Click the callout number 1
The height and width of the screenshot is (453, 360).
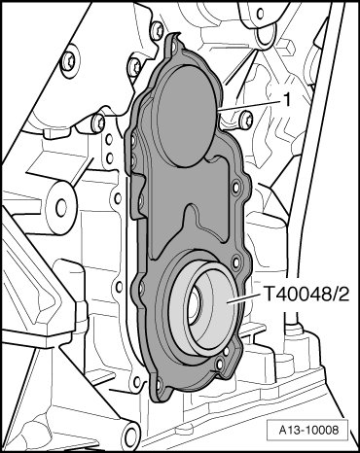287,101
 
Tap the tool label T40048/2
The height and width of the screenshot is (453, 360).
307,295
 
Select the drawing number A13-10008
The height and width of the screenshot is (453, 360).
308,431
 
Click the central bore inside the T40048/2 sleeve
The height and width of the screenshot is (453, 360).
194,305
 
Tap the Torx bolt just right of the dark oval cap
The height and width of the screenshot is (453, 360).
245,120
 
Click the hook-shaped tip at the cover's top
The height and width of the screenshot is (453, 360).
175,35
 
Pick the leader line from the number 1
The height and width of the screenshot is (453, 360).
249,106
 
